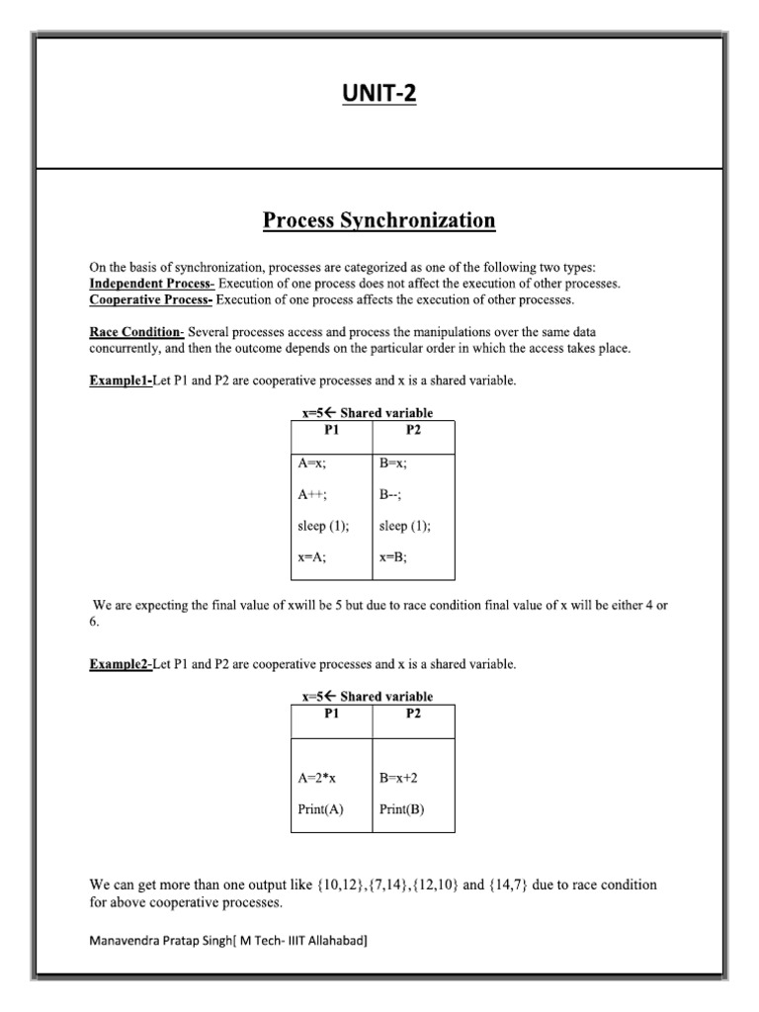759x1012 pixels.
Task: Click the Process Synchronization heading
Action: (379, 220)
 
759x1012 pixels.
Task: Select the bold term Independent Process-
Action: (151, 283)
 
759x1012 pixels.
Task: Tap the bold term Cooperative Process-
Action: (151, 299)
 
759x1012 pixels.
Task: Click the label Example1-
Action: (121, 380)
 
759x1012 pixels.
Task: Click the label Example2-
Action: (121, 664)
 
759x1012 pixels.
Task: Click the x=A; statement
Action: (311, 557)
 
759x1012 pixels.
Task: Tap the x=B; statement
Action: (393, 557)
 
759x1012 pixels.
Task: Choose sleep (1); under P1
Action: (323, 526)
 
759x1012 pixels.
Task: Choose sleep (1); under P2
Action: (405, 526)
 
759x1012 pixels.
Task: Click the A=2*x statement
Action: (317, 779)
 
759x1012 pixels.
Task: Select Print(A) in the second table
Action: (320, 809)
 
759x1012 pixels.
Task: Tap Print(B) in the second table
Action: (402, 809)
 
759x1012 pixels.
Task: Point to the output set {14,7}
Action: (508, 885)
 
